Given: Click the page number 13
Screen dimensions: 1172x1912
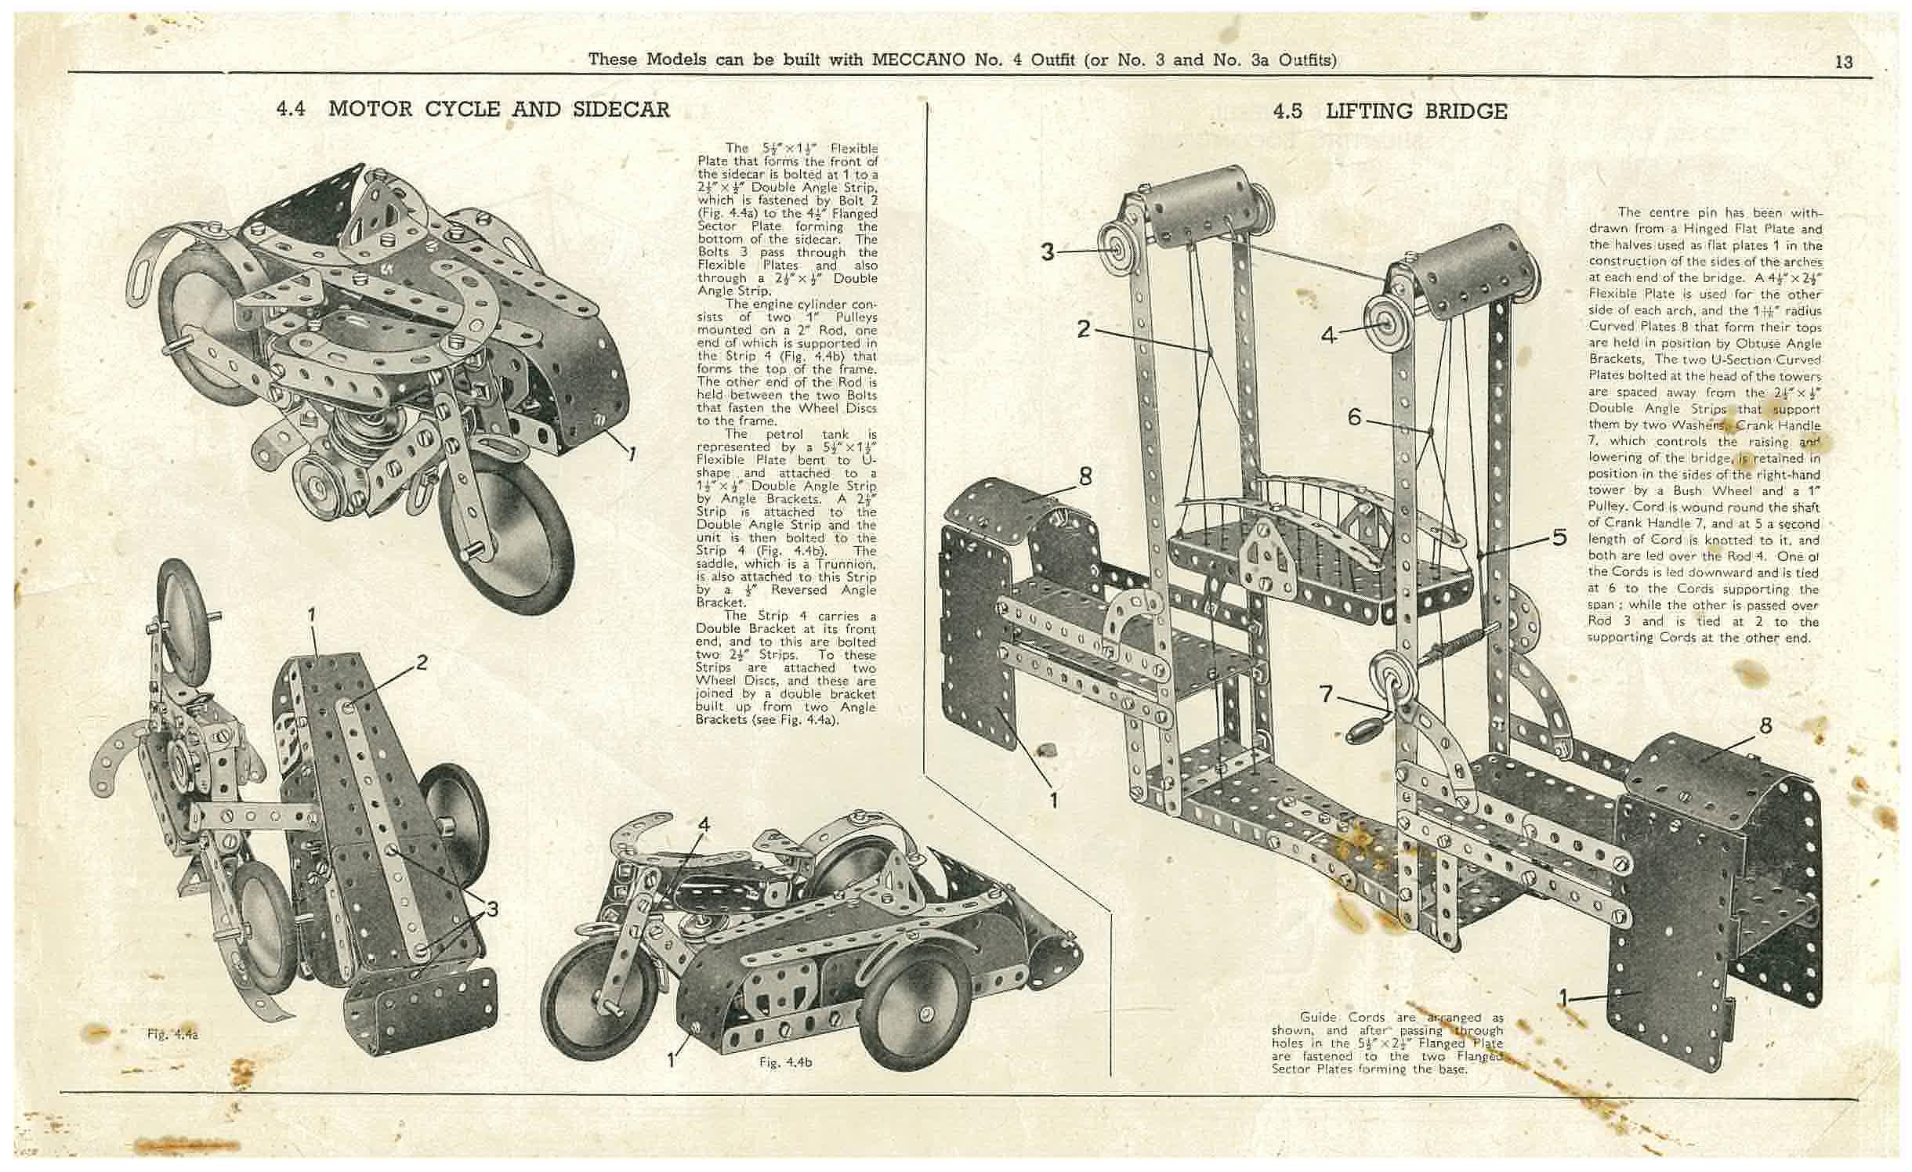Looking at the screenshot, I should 1844,61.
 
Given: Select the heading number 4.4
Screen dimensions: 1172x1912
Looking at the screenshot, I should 291,109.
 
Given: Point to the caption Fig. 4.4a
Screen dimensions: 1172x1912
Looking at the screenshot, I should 172,1034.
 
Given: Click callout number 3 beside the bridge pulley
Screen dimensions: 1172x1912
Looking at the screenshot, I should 1048,252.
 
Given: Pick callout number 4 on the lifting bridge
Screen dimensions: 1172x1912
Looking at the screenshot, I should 1327,335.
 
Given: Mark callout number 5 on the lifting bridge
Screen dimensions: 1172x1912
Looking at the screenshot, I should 1559,537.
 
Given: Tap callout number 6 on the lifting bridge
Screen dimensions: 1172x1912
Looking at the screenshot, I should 1354,418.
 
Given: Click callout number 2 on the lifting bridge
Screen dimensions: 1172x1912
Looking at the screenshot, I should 1084,329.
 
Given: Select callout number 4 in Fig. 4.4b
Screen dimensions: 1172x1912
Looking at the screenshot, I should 704,824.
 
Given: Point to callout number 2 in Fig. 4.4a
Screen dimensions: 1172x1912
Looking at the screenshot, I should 422,663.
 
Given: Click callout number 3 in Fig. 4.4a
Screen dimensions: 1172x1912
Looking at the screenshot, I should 491,910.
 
